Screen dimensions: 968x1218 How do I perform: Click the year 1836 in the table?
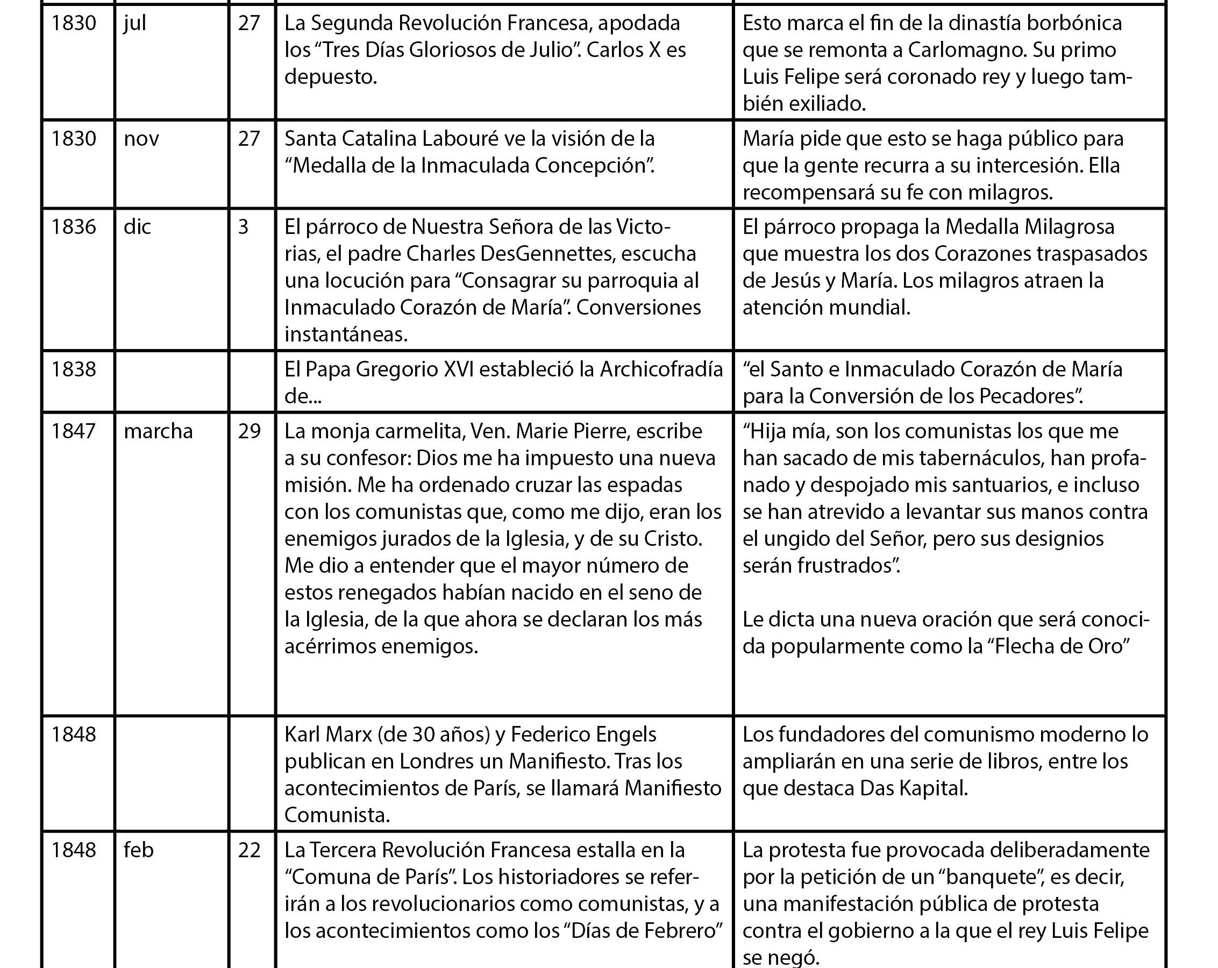pyautogui.click(x=74, y=227)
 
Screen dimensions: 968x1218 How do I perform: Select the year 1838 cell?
pyautogui.click(x=74, y=369)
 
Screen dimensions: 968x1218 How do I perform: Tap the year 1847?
pyautogui.click(x=74, y=432)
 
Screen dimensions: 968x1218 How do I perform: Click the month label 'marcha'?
pyautogui.click(x=158, y=432)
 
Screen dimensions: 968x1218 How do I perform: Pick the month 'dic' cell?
pyautogui.click(x=137, y=227)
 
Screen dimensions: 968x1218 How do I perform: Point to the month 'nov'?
pyautogui.click(x=141, y=139)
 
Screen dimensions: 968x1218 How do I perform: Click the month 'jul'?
pyautogui.click(x=135, y=24)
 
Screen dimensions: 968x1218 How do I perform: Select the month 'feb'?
pyautogui.click(x=138, y=850)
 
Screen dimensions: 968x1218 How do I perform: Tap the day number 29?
pyautogui.click(x=249, y=432)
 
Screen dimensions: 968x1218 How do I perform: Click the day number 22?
pyautogui.click(x=249, y=850)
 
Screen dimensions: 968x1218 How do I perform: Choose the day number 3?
pyautogui.click(x=244, y=227)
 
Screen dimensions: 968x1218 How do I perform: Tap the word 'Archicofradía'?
pyautogui.click(x=661, y=369)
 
